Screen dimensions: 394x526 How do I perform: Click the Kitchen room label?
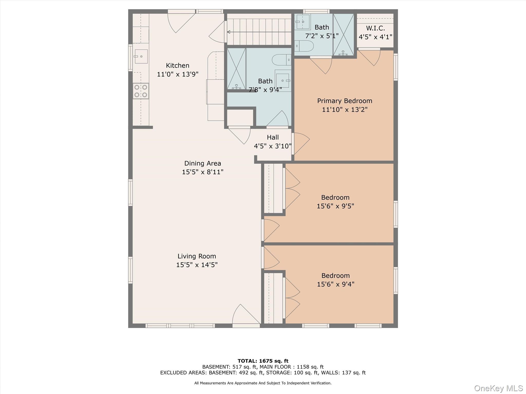[x=177, y=65]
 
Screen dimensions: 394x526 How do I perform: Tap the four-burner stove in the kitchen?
[x=141, y=91]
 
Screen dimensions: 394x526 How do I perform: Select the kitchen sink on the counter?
[x=141, y=56]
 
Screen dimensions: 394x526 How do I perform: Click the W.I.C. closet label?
[x=375, y=28]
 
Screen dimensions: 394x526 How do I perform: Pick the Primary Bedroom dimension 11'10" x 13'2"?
[x=344, y=110]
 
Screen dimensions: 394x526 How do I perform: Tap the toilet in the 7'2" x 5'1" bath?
[x=304, y=46]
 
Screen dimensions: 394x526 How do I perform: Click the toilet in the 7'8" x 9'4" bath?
[x=281, y=60]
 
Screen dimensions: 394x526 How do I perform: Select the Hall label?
[x=273, y=137]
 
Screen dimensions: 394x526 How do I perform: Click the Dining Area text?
[x=202, y=163]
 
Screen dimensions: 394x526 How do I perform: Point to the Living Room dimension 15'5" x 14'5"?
[x=197, y=265]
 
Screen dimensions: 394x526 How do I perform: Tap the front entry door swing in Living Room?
[x=245, y=316]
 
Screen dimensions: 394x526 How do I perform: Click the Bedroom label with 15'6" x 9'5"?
[x=335, y=198]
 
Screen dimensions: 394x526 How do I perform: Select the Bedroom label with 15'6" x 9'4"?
[x=335, y=276]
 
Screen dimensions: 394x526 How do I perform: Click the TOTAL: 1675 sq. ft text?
[x=263, y=361]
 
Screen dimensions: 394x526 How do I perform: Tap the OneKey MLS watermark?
[x=498, y=388]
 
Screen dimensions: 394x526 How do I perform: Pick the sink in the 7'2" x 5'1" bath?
[x=303, y=22]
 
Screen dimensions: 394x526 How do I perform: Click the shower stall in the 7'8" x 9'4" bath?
[x=236, y=68]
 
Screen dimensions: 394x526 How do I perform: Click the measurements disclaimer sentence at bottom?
[x=263, y=383]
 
